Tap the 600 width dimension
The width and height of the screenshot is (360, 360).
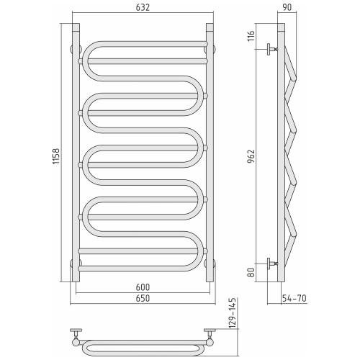coord(143,287)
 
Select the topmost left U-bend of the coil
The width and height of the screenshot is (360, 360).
coord(89,60)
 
